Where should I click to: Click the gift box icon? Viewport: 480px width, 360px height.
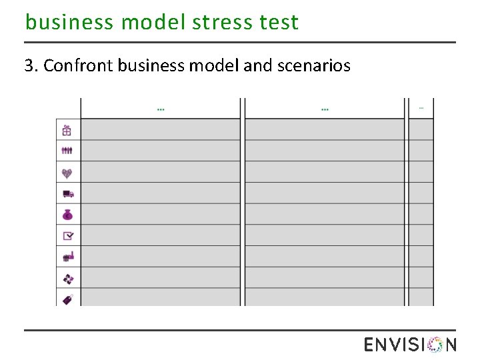pyautogui.click(x=67, y=130)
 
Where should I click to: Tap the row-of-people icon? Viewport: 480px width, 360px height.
pyautogui.click(x=67, y=151)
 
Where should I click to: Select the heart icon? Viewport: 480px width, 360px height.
pyautogui.click(x=67, y=173)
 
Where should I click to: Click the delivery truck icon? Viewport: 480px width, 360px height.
pyautogui.click(x=67, y=194)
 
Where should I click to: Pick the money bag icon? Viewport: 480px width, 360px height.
pyautogui.click(x=67, y=215)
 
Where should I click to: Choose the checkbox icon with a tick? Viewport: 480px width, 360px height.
pyautogui.click(x=67, y=235)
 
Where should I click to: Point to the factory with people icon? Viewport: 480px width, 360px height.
pyautogui.click(x=67, y=257)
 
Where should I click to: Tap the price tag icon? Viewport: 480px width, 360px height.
pyautogui.click(x=67, y=299)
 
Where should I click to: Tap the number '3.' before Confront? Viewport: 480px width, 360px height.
pyautogui.click(x=31, y=66)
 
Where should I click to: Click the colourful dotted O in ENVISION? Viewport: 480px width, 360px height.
pyautogui.click(x=435, y=345)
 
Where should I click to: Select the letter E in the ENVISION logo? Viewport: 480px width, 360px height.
pyautogui.click(x=370, y=345)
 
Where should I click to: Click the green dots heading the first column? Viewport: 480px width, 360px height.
pyautogui.click(x=161, y=109)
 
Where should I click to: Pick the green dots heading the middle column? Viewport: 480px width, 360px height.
pyautogui.click(x=325, y=109)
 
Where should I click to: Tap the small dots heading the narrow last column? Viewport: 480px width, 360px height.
pyautogui.click(x=421, y=107)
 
